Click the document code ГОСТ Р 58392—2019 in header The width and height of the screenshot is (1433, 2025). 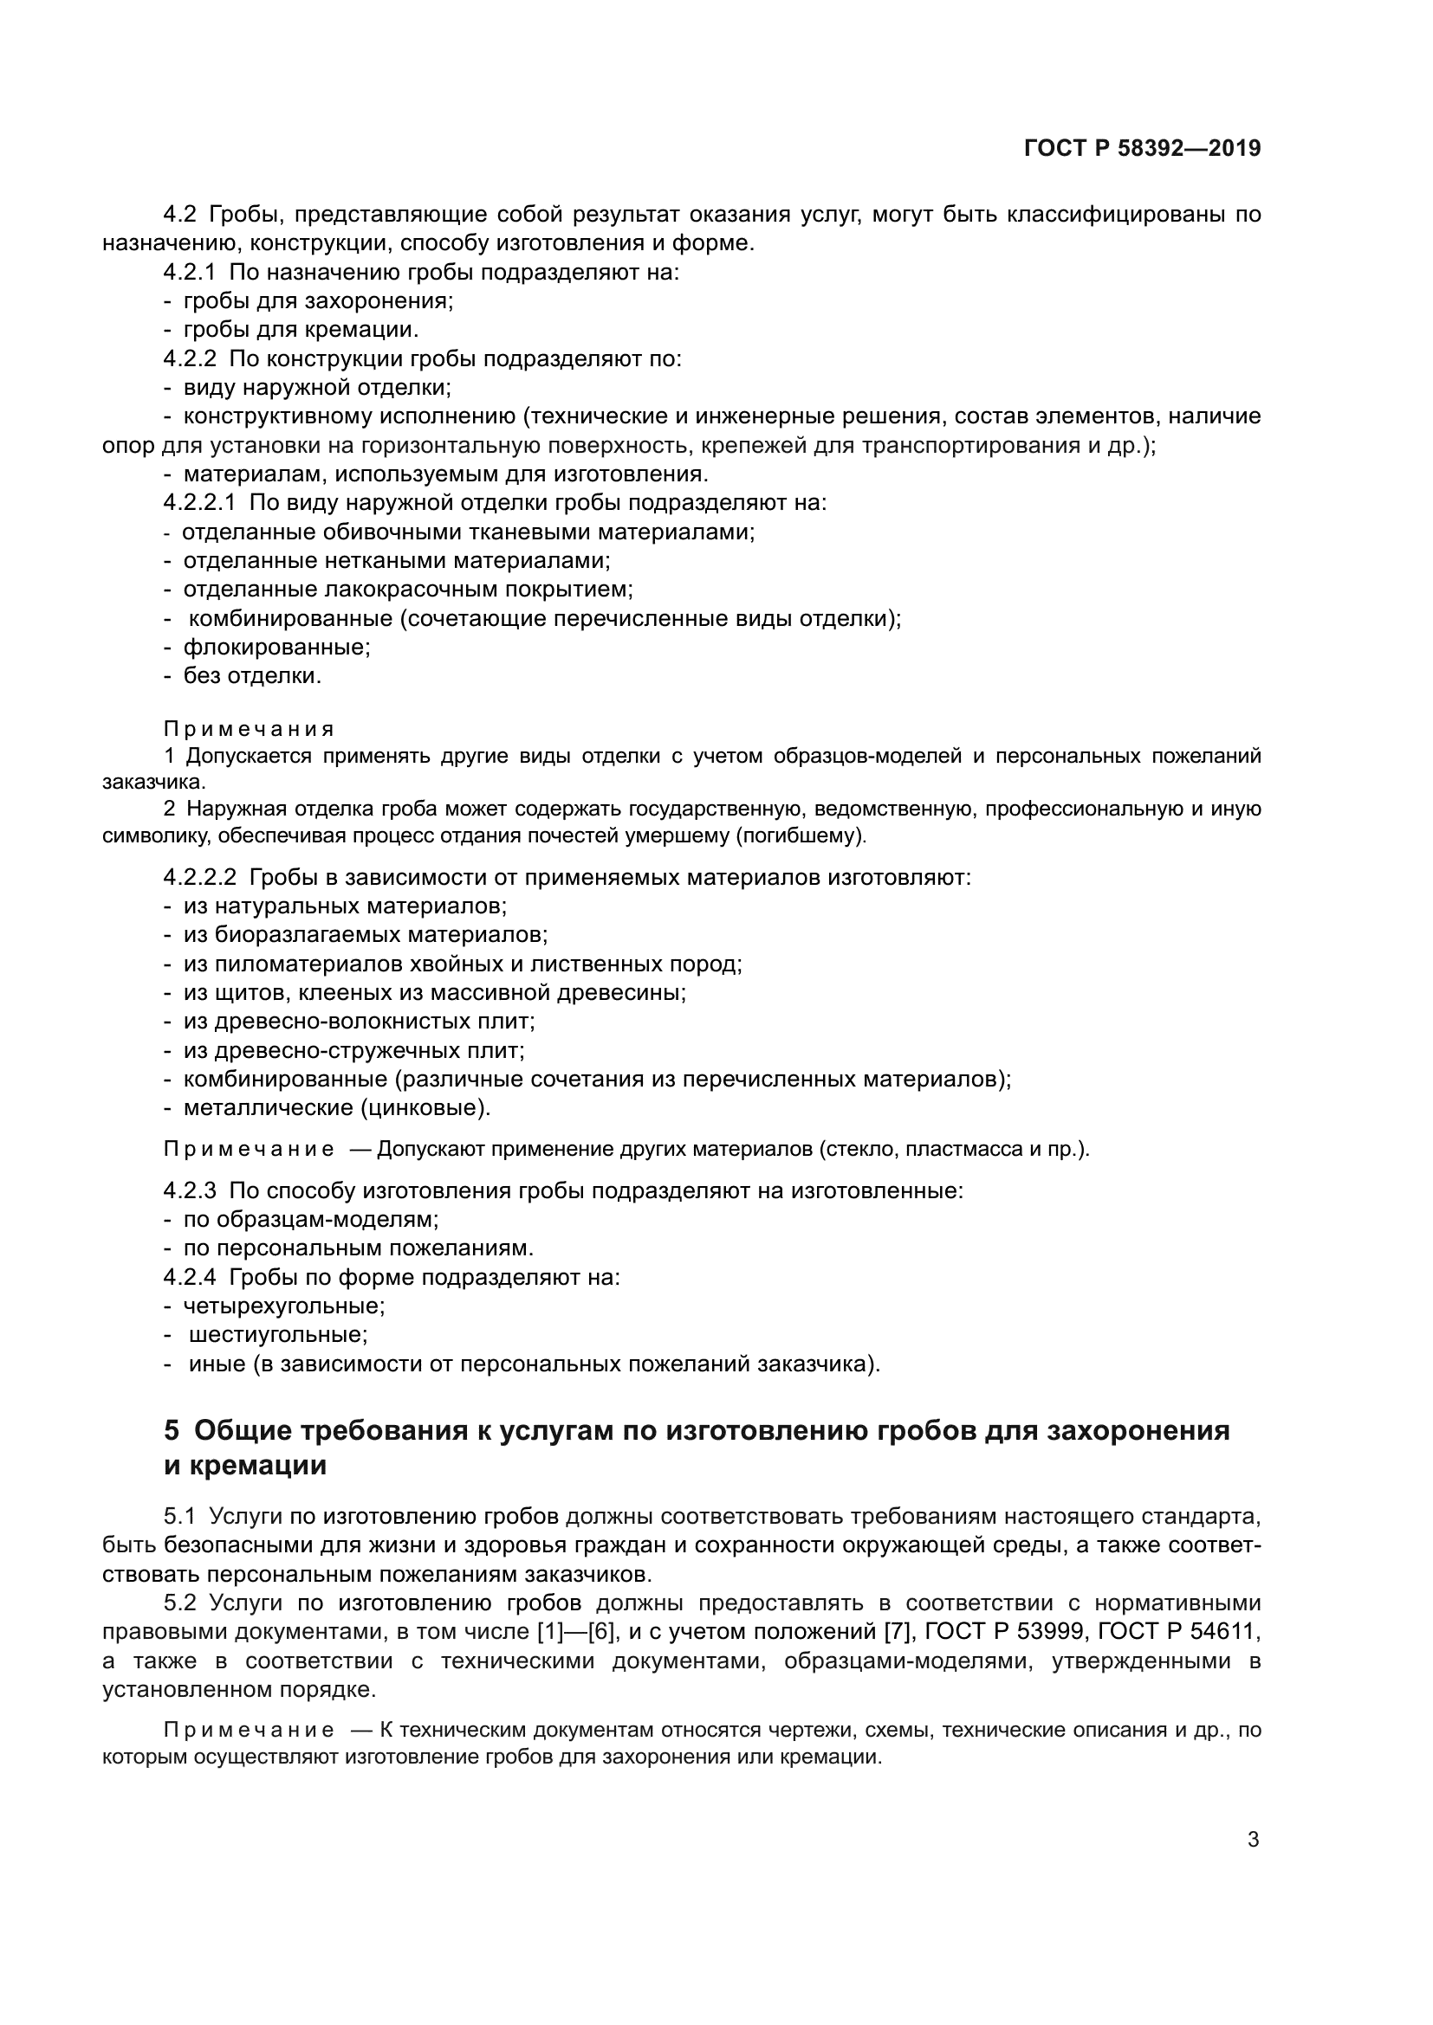point(1142,148)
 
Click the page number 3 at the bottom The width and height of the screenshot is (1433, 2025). point(1253,1840)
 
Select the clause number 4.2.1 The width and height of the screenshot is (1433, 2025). point(189,273)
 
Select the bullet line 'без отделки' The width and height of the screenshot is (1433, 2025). point(251,676)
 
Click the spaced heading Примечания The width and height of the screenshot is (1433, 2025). point(249,729)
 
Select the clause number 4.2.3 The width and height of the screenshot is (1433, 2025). point(189,1191)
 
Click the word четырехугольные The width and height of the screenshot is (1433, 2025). point(283,1306)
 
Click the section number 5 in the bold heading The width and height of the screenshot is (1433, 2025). point(172,1429)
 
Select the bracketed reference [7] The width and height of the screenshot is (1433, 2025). point(897,1633)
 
